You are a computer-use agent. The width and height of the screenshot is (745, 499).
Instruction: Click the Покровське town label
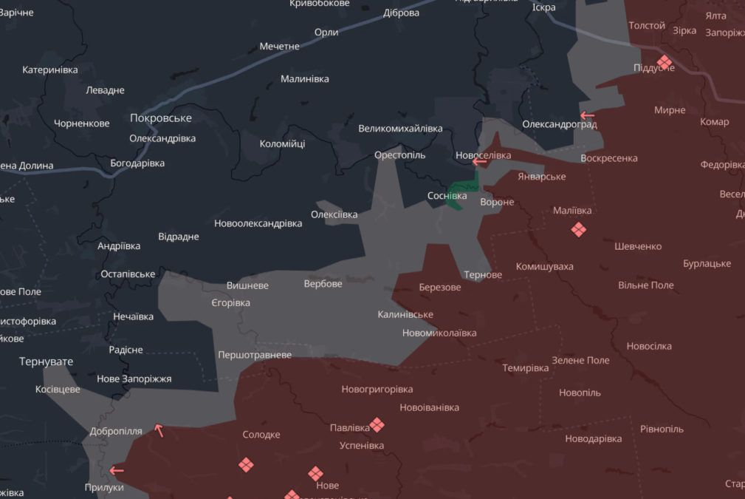point(160,118)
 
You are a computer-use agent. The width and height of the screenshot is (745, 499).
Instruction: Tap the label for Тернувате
point(47,361)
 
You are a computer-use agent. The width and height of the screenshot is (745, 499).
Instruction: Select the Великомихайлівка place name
point(400,129)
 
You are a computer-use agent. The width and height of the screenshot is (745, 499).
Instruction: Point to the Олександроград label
point(559,124)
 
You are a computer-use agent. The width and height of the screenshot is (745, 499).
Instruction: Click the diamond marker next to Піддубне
point(664,61)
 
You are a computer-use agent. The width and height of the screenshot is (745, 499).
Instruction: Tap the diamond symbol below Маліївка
point(578,230)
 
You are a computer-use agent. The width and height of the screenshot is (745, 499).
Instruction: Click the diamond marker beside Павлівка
point(377,424)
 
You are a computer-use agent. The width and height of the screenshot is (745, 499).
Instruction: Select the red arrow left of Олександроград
point(587,115)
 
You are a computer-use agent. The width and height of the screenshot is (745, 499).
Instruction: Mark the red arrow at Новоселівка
point(479,160)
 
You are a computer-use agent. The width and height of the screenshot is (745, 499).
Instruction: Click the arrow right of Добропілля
point(158,430)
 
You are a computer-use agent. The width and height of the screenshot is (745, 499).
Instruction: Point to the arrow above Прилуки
point(116,470)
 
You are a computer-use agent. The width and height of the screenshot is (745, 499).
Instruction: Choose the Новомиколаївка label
point(439,333)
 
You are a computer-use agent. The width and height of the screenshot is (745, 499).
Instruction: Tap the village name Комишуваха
point(544,266)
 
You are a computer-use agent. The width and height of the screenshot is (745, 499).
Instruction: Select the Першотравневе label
point(255,355)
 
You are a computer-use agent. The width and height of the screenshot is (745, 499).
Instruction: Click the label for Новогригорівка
point(377,389)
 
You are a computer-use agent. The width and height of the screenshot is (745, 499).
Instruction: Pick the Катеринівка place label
point(50,70)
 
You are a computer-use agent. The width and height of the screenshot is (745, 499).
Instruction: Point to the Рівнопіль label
point(662,429)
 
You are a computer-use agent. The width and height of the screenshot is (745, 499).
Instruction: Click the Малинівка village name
point(305,79)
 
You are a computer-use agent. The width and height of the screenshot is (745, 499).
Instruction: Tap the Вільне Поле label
point(645,285)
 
